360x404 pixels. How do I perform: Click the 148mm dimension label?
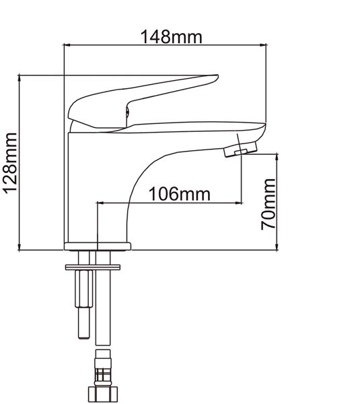[x=171, y=37]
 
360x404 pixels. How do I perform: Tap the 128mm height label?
[x=10, y=163]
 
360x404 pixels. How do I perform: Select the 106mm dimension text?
[x=180, y=194]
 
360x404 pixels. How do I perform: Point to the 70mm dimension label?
[x=268, y=204]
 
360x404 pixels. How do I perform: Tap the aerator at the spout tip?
[x=240, y=149]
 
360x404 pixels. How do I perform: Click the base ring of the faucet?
[x=98, y=246]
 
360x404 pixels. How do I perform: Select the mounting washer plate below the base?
[x=93, y=267]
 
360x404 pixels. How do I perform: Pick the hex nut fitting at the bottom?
[x=103, y=394]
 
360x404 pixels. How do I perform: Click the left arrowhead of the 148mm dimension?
[x=67, y=45]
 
